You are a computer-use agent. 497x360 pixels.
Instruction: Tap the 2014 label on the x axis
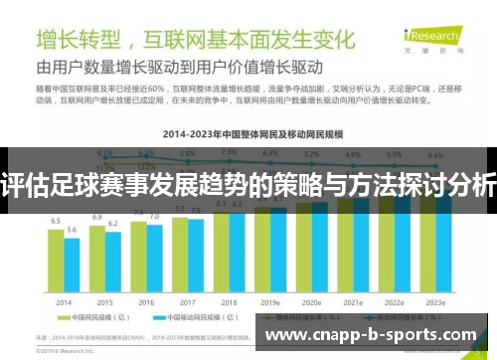pos(65,301)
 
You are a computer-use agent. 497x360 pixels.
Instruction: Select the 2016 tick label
pos(146,301)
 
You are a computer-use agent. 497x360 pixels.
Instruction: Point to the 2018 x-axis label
pos(229,301)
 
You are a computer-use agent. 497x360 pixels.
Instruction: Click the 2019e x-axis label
pos(270,301)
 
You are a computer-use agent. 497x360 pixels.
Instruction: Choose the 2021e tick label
pos(352,301)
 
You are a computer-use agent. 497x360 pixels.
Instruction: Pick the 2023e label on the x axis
pos(435,301)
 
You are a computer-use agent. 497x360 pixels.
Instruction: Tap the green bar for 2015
pos(97,258)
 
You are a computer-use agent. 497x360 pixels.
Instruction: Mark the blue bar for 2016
pos(154,259)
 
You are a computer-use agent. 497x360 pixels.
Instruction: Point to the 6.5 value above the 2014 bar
pos(57,221)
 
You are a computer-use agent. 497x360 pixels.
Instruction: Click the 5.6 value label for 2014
pos(73,230)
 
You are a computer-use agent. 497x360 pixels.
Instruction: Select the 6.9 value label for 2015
pos(97,216)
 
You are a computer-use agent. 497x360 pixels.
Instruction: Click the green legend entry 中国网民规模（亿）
pos(97,320)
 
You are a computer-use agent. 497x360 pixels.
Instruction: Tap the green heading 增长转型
pos(80,40)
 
